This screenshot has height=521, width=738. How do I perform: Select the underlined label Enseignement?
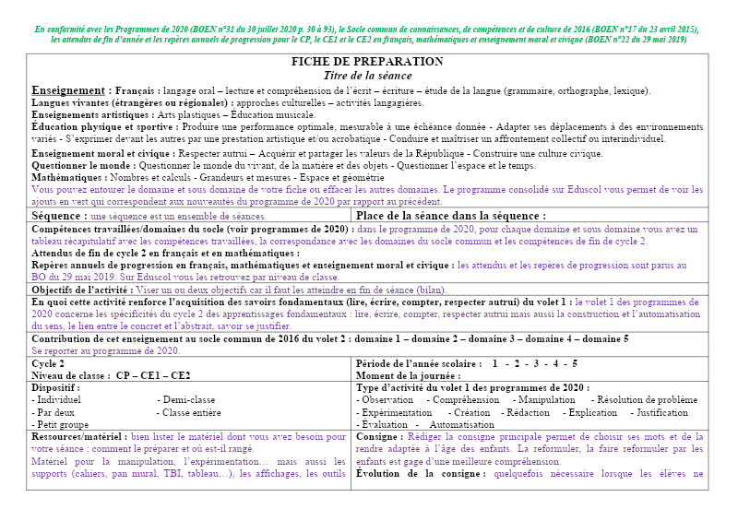[x=70, y=90]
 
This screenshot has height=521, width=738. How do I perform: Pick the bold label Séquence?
[x=57, y=215]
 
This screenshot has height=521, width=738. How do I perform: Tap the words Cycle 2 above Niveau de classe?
[x=48, y=363]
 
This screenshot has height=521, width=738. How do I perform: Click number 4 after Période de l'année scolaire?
[x=559, y=363]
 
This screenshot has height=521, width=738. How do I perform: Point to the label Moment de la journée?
[x=408, y=375]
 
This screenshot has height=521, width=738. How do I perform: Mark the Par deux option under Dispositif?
[x=57, y=412]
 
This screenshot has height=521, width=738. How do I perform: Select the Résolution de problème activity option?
[x=648, y=400]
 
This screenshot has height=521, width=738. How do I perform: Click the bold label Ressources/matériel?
[x=79, y=437]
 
